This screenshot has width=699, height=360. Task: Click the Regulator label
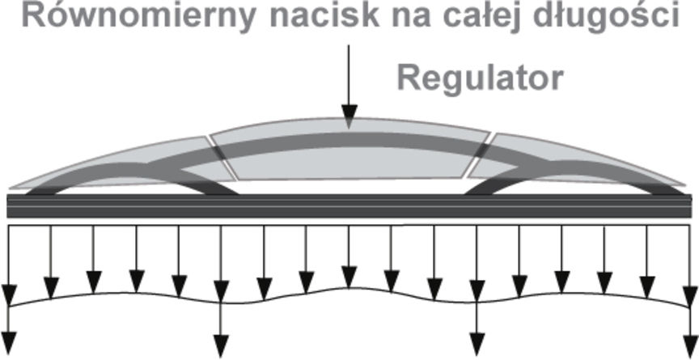[480, 79]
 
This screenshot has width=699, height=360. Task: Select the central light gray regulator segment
[348, 158]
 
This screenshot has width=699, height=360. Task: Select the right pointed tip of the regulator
[688, 186]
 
